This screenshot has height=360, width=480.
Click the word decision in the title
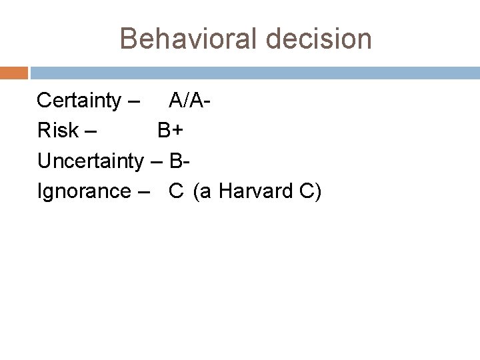pyautogui.click(x=318, y=39)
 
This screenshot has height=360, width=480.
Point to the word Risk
pyautogui.click(x=58, y=131)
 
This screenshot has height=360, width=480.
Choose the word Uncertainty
pyautogui.click(x=90, y=161)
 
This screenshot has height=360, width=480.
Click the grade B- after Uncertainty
pyautogui.click(x=181, y=161)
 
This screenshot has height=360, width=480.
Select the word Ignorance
pyautogui.click(x=84, y=191)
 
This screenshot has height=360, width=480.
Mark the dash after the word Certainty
pyautogui.click(x=133, y=102)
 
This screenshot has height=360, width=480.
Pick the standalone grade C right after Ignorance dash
pyautogui.click(x=176, y=191)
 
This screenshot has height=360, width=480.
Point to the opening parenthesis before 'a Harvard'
pyautogui.click(x=197, y=192)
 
